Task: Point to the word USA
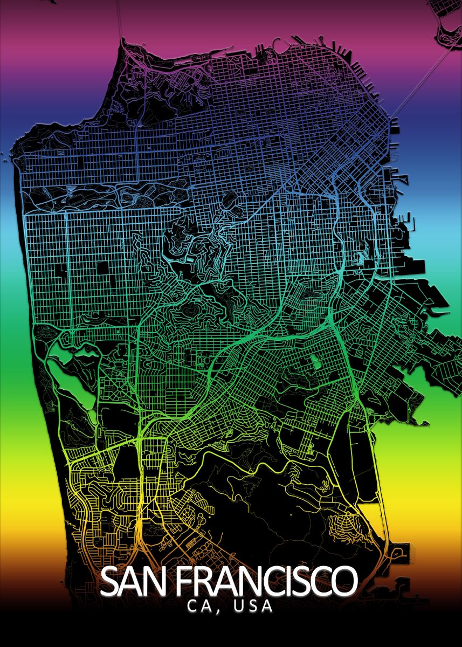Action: click(x=253, y=607)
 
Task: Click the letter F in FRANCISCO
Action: click(x=184, y=581)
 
